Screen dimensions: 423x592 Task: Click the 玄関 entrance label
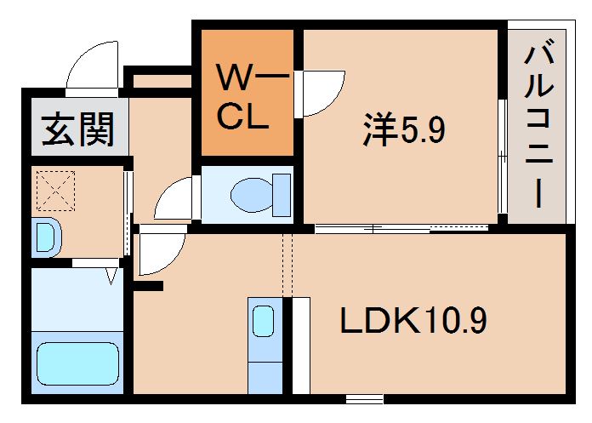[x=78, y=131]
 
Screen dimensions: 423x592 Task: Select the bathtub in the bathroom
[x=76, y=364]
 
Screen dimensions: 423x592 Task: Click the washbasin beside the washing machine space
[x=46, y=237]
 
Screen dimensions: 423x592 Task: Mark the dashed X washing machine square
[x=54, y=191]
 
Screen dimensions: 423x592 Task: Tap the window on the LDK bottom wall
[x=364, y=397]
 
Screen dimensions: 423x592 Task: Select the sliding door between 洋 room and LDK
[x=400, y=228]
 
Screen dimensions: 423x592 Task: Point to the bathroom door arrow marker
[x=111, y=275]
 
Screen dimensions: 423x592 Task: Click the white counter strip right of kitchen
[x=299, y=345]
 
